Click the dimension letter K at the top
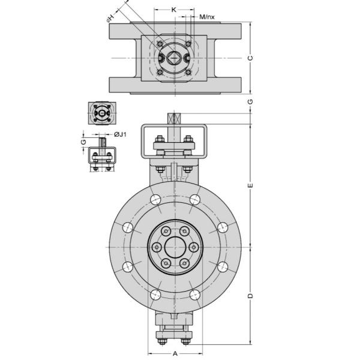(x=174, y=10)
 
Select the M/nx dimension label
(x=207, y=17)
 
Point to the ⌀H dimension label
(x=110, y=18)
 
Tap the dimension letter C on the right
(x=250, y=58)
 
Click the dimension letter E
(x=250, y=185)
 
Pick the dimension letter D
(x=250, y=295)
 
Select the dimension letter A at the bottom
(x=175, y=353)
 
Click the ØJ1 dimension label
(x=120, y=134)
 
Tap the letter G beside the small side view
(x=83, y=142)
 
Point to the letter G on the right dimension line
(x=250, y=101)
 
